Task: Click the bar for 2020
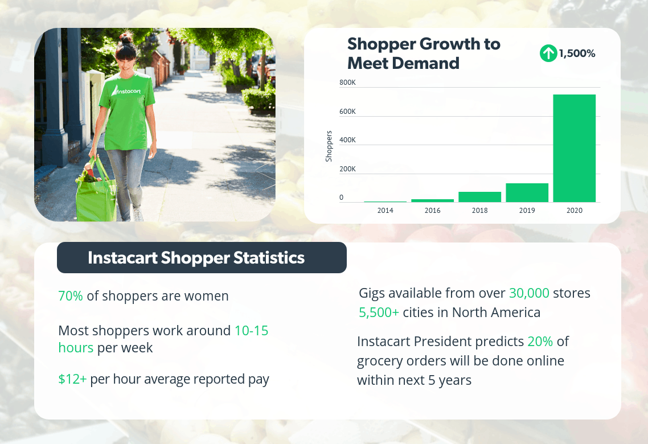click(574, 148)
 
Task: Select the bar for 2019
click(527, 192)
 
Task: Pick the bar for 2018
click(479, 197)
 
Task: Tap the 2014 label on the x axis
click(385, 211)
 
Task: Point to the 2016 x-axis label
click(432, 211)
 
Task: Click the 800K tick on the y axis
click(347, 83)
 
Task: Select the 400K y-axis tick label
click(347, 140)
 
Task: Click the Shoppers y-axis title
click(329, 146)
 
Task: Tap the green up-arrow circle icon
click(548, 54)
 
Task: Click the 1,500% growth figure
click(577, 54)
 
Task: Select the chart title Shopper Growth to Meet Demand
click(424, 54)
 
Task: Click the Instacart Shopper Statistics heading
click(196, 258)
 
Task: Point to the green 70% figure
click(71, 296)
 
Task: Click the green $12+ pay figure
click(72, 379)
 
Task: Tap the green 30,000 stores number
click(529, 293)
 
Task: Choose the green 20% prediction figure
click(540, 342)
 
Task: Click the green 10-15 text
click(251, 331)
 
